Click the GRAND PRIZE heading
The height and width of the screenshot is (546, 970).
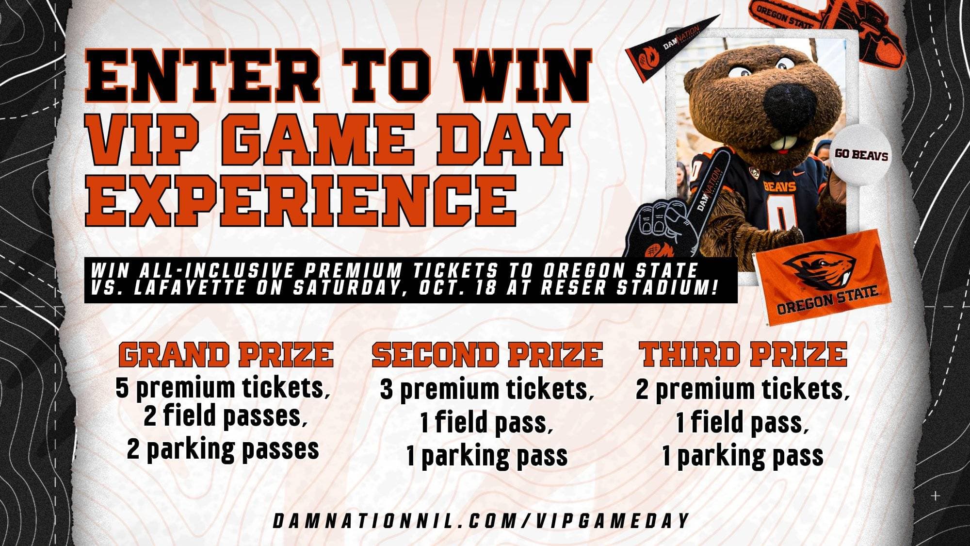coord(226,354)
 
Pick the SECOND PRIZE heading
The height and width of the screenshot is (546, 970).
coord(487,354)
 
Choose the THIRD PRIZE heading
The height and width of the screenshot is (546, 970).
coord(743,354)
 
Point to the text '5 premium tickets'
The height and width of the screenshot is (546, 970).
coord(220,388)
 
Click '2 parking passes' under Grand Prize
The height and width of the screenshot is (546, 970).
coord(223,449)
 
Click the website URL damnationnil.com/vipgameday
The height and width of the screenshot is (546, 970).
coord(481,521)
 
